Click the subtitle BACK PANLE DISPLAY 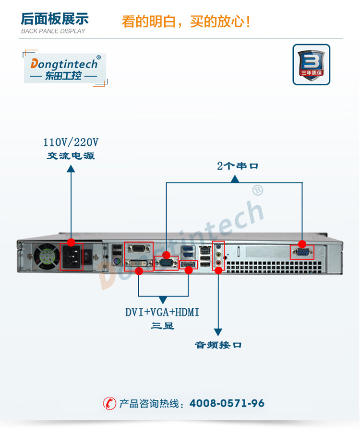(53, 31)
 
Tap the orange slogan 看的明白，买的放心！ (186, 22)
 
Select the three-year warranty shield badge (311, 64)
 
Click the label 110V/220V (71, 142)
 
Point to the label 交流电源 (71, 156)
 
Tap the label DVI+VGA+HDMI (162, 312)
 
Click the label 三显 (162, 326)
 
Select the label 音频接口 (218, 345)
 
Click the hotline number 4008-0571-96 (227, 404)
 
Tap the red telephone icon (109, 404)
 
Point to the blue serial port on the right (302, 252)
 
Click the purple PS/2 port (116, 262)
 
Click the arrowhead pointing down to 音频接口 (218, 332)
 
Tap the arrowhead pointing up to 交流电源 (71, 168)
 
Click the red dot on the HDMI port (189, 270)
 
